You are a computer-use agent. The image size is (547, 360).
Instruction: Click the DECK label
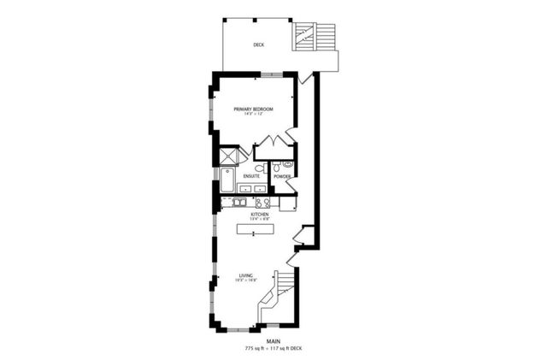pyautogui.click(x=258, y=44)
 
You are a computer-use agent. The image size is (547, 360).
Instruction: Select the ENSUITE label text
pyautogui.click(x=251, y=176)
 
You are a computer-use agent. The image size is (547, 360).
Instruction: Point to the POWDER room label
pyautogui.click(x=283, y=176)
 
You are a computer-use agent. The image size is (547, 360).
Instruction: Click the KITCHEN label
pyautogui.click(x=260, y=214)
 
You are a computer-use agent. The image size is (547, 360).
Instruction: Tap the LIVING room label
pyautogui.click(x=247, y=275)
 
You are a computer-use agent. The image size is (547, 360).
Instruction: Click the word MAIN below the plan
pyautogui.click(x=273, y=342)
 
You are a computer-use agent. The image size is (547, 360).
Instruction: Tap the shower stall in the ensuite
pyautogui.click(x=228, y=156)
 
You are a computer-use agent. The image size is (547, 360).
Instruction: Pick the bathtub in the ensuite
pyautogui.click(x=226, y=180)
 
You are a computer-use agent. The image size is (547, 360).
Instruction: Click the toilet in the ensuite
pyautogui.click(x=260, y=168)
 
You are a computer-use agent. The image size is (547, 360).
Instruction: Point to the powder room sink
pyautogui.click(x=288, y=164)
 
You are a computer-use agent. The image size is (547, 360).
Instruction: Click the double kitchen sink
pyautogui.click(x=238, y=203)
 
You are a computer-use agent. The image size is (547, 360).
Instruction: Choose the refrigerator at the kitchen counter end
pyautogui.click(x=286, y=203)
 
